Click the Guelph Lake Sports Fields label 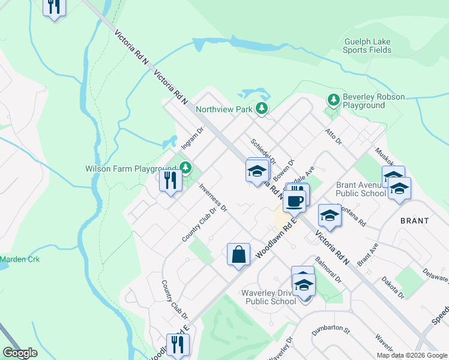click(x=367, y=46)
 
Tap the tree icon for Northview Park click(x=261, y=109)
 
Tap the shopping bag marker click(x=238, y=254)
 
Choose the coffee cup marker click(x=294, y=201)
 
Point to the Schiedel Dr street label click(x=263, y=152)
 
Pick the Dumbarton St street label click(x=330, y=328)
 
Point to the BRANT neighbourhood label click(x=415, y=221)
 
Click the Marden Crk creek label click(x=19, y=259)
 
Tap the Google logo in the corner click(x=20, y=353)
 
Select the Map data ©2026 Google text click(x=412, y=355)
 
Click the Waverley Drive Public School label click(x=271, y=297)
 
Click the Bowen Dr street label click(x=284, y=170)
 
